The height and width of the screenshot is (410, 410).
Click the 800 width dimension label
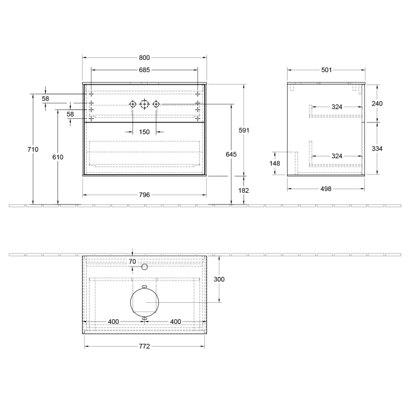tap(145, 57)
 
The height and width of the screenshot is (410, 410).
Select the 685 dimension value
tap(145, 70)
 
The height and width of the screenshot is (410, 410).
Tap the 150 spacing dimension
tap(145, 131)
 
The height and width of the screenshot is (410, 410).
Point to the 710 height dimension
tap(33, 150)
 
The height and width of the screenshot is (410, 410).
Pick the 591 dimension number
tap(244, 130)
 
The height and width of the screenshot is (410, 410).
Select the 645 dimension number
tap(231, 155)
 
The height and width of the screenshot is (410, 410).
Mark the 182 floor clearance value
tap(244, 190)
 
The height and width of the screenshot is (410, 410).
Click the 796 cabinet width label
tap(145, 194)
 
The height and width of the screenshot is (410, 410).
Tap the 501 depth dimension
tap(326, 70)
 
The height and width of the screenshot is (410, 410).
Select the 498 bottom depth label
tap(326, 189)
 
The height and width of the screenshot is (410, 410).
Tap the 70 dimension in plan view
tap(132, 261)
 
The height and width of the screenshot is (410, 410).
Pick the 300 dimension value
tap(218, 279)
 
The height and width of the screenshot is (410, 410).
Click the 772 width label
tap(145, 346)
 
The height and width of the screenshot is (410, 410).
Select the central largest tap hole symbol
tap(145, 104)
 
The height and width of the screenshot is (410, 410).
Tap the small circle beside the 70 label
tap(145, 266)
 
